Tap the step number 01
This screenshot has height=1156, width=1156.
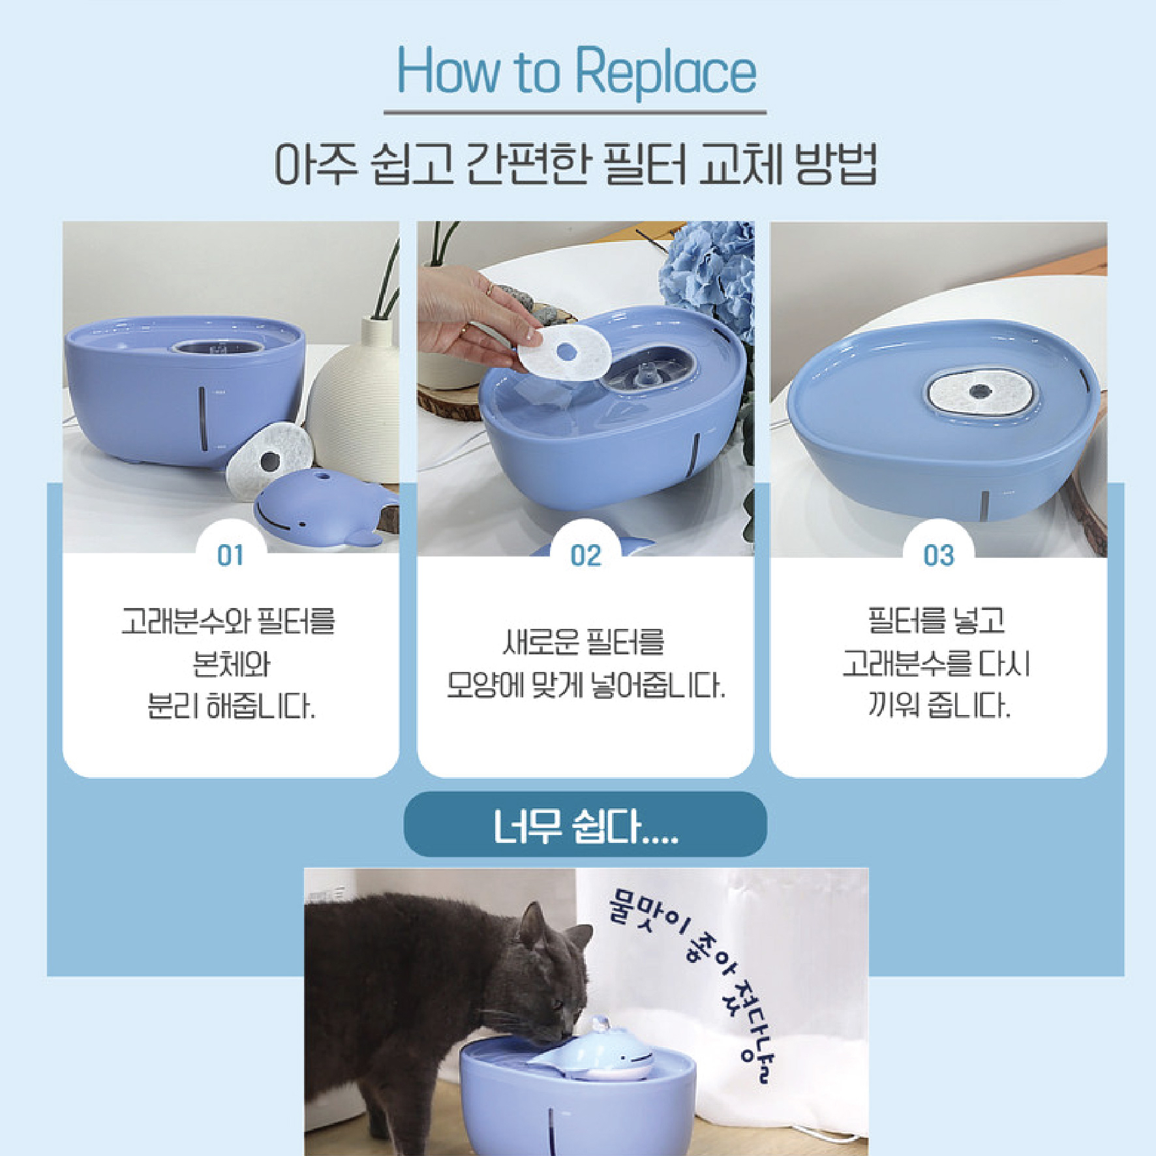(x=230, y=556)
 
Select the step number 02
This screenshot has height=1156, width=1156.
(x=585, y=556)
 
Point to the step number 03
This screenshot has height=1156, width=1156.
(x=939, y=556)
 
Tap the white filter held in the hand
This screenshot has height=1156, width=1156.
(x=564, y=353)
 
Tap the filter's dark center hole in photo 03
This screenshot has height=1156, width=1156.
(x=979, y=391)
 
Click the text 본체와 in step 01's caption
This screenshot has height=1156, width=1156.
(x=231, y=664)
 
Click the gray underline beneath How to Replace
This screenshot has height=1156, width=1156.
(x=575, y=113)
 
